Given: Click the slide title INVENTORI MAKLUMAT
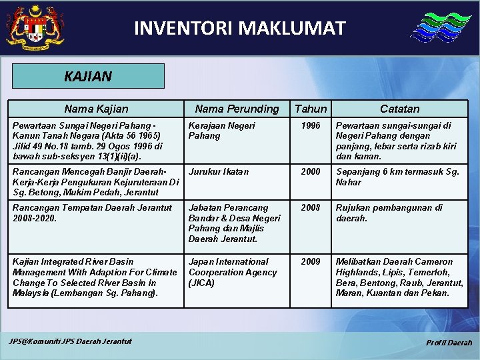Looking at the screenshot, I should [240, 28].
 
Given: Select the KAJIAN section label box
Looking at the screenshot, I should [88, 76].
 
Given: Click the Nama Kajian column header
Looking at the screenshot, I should [96, 109].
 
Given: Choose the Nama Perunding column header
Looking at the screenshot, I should [237, 109].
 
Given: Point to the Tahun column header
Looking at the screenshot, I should [311, 109].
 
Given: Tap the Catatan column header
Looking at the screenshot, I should [400, 109].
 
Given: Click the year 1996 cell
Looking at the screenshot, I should [311, 125].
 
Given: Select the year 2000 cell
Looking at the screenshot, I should [311, 171].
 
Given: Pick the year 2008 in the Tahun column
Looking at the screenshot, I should [311, 207].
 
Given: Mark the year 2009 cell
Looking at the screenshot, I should [311, 261].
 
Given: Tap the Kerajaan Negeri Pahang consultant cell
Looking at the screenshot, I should [221, 130].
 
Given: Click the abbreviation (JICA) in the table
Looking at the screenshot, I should [201, 283].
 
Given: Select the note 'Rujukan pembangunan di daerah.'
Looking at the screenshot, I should [389, 213].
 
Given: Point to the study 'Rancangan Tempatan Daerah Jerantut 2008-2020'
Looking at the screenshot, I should [92, 213].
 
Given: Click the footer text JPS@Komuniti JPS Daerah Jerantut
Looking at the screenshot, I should [70, 341].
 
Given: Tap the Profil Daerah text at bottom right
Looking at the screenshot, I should [449, 343].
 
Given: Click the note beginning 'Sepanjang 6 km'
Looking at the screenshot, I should [397, 177].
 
